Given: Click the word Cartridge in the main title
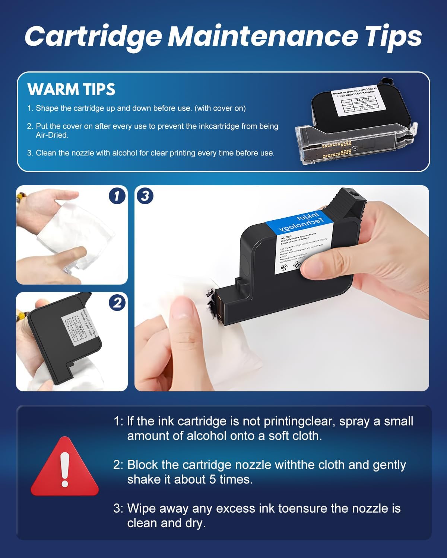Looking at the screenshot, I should [93, 36].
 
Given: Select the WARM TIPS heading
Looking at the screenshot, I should [71, 89].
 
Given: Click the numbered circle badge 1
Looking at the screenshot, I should [117, 196].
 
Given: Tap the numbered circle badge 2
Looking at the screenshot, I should [117, 302].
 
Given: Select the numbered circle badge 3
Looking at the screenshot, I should [145, 196].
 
